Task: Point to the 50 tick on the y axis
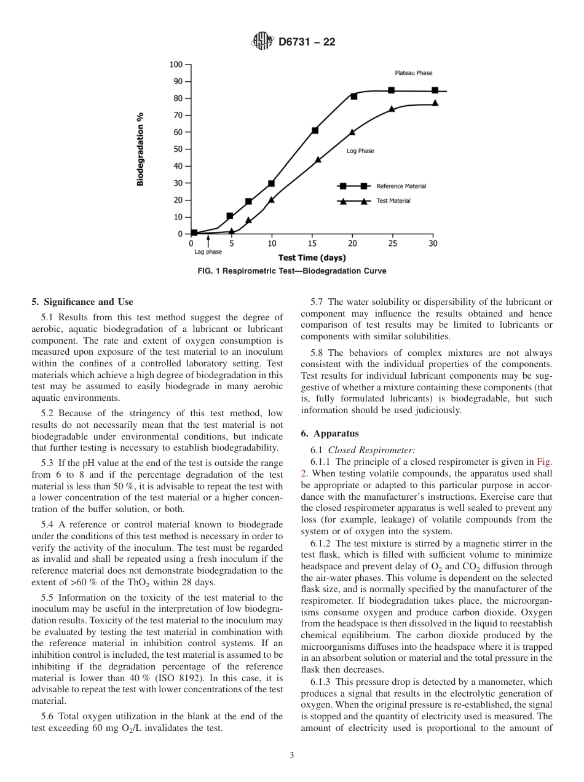tap(178, 149)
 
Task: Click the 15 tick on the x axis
tap(312, 243)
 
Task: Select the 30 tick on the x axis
tap(433, 243)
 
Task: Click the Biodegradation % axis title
tap(141, 149)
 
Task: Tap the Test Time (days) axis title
tap(312, 258)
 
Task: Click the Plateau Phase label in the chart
tap(413, 73)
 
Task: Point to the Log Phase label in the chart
tap(360, 151)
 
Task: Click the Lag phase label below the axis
tap(208, 252)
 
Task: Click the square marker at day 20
tap(353, 97)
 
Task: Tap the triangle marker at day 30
tap(435, 103)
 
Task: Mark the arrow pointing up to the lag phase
tap(208, 241)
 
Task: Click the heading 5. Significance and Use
tap(82, 302)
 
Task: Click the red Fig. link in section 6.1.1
tap(545, 462)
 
